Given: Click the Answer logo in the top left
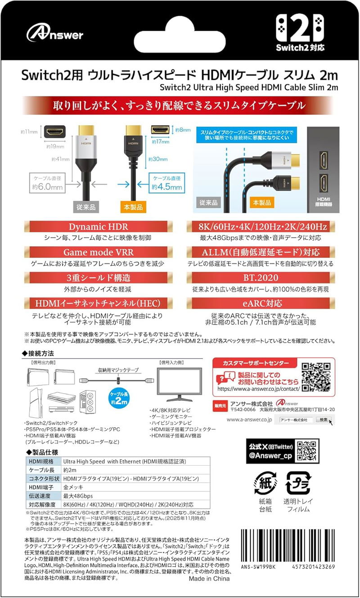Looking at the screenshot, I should click(x=54, y=33).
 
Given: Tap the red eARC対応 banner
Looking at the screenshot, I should click(x=261, y=304).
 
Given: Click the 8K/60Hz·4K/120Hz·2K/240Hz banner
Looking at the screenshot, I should click(x=261, y=227).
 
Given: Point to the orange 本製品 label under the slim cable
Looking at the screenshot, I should click(x=133, y=207).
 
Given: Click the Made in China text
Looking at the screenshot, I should click(x=209, y=578).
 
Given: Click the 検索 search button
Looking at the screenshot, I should click(x=324, y=420).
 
